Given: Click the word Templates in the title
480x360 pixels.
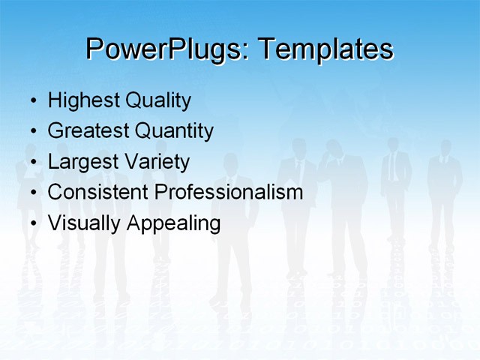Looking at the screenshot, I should coord(325,50).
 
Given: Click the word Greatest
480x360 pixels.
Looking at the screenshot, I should coord(88,131).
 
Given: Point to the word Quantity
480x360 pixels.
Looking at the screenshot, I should coord(174,132).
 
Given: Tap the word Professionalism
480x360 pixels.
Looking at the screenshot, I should coord(229,192).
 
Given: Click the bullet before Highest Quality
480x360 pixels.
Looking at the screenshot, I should coord(33,101).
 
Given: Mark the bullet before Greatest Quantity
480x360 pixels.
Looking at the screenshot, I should coord(33,132).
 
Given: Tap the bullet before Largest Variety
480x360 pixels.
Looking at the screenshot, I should coord(33,163).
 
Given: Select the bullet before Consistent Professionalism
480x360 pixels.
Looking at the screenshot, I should coord(33,193).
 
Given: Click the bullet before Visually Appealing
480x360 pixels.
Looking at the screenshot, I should coord(33,223).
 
